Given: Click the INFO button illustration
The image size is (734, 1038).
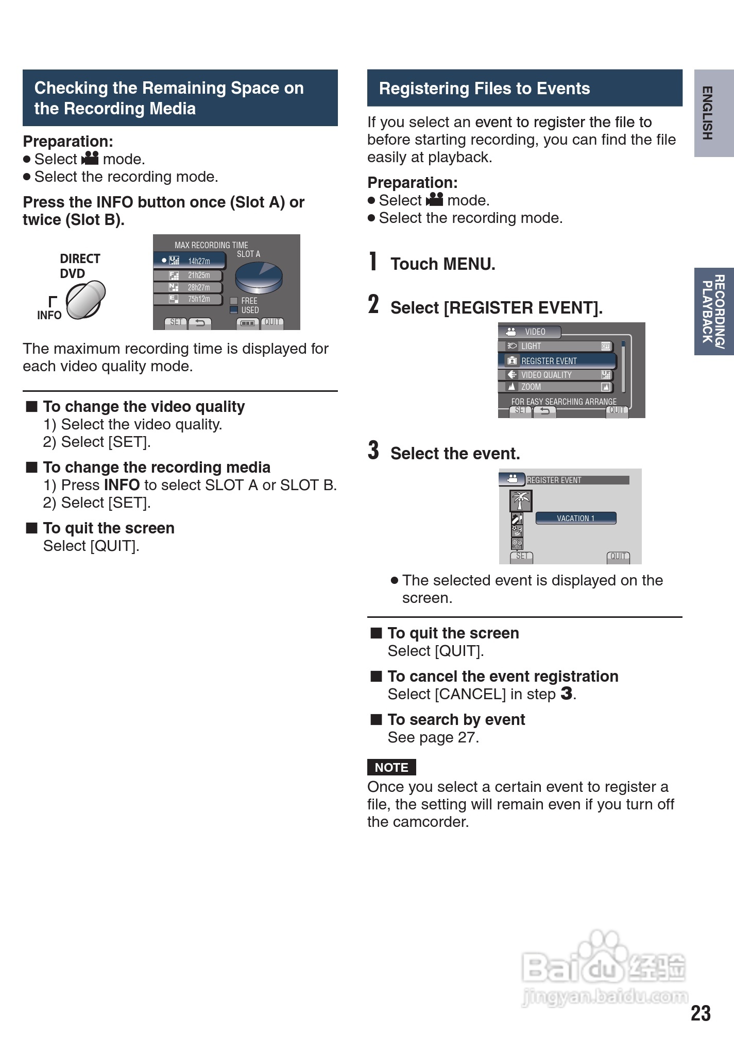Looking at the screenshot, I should pos(86,299).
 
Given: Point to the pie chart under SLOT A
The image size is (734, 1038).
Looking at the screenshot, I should pos(259,277).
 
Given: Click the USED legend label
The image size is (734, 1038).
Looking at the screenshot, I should pos(250,310).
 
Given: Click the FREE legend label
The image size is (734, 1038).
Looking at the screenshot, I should pos(249,301).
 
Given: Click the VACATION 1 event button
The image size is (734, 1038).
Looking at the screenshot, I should pos(575,518).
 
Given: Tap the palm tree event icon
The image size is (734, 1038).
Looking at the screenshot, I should pos(520,500).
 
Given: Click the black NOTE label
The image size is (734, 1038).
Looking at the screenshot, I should pos(391,767).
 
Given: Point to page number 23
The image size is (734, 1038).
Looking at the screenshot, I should pos(701,1013).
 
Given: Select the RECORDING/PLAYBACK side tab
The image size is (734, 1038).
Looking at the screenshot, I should pos(713,311).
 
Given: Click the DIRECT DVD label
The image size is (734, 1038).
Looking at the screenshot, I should pos(80,266).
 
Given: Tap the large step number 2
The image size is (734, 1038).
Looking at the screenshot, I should pos(373,304).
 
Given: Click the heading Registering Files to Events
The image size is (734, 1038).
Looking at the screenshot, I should pos(484,89).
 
